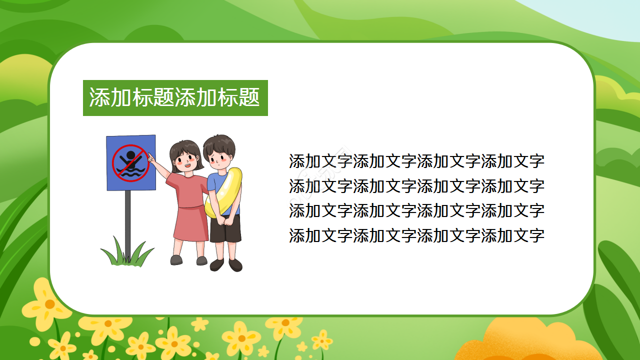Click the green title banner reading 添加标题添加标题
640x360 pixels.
pyautogui.click(x=175, y=98)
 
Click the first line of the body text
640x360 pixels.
pyautogui.click(x=416, y=161)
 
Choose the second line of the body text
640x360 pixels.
pyautogui.click(x=416, y=186)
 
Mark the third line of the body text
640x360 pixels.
pyautogui.click(x=416, y=210)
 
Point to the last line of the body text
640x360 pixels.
pyautogui.click(x=416, y=235)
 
